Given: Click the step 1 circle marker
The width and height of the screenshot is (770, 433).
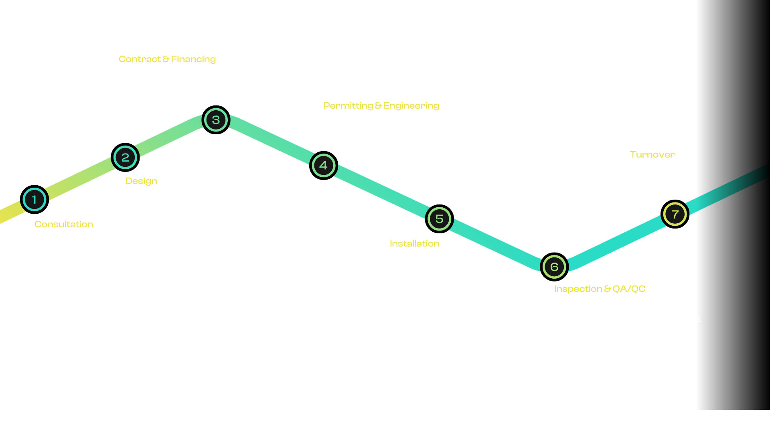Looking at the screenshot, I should click(x=34, y=199).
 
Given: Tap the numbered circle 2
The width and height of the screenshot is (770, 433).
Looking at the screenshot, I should click(x=125, y=157).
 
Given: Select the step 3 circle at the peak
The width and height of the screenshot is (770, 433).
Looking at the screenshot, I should click(x=216, y=119).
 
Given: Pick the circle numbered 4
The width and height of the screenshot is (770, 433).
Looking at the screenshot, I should click(x=323, y=165).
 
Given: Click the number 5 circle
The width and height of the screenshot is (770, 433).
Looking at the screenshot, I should click(x=439, y=219).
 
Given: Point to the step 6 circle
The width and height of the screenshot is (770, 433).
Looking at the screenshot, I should click(x=554, y=267).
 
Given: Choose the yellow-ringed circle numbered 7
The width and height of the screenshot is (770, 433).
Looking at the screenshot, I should click(x=675, y=214).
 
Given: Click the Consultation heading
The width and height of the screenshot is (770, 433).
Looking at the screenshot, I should click(x=64, y=224).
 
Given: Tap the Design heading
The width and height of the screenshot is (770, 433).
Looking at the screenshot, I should click(x=141, y=181).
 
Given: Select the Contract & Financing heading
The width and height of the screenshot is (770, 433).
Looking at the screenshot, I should click(x=167, y=59).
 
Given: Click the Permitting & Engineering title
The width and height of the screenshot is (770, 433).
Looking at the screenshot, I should click(x=381, y=105).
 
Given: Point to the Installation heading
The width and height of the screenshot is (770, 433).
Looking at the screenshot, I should click(x=414, y=243).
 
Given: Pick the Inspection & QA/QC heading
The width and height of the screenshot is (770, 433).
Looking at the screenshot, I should click(x=600, y=289).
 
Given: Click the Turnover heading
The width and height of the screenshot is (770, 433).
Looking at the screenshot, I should click(x=652, y=154).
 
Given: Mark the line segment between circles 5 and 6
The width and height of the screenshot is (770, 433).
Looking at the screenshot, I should click(x=496, y=243).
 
